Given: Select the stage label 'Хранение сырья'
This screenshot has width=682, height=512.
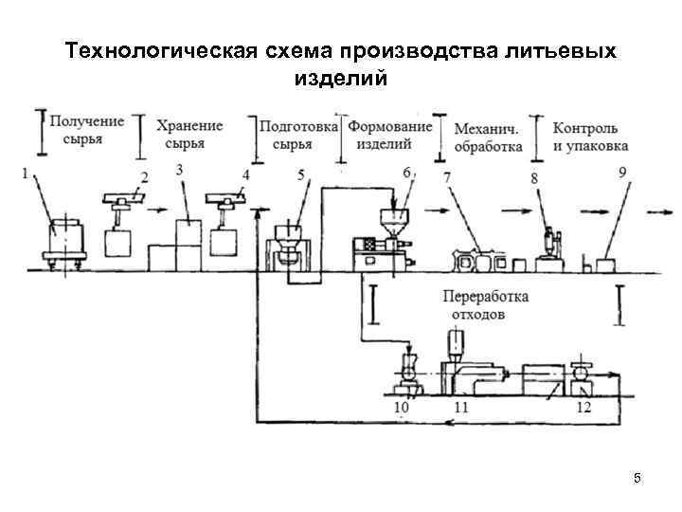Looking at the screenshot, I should [x=189, y=134].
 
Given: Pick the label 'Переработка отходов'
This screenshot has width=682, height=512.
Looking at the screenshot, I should [x=485, y=304].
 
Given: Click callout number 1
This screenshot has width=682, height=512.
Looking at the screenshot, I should [x=26, y=174].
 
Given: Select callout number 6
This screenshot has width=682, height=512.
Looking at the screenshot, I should [x=406, y=173].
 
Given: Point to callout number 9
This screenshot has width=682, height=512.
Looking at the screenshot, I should [x=621, y=172].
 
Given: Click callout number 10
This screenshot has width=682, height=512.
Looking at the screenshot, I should [x=401, y=407].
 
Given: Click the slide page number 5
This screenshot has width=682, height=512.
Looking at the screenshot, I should [x=637, y=479].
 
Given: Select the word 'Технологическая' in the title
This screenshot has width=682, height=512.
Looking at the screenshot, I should [x=158, y=49].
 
